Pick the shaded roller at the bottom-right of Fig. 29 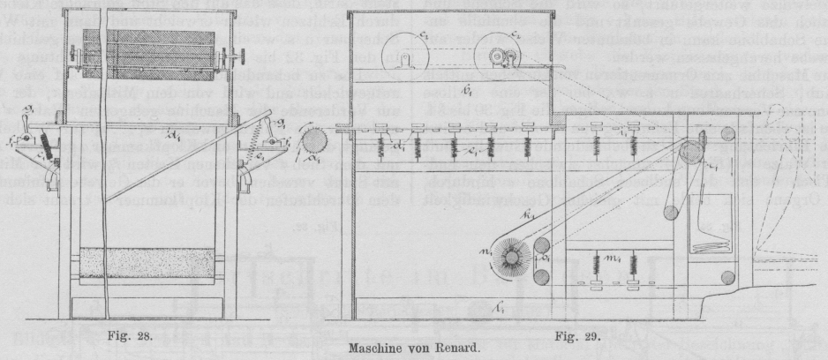point(726,279)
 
